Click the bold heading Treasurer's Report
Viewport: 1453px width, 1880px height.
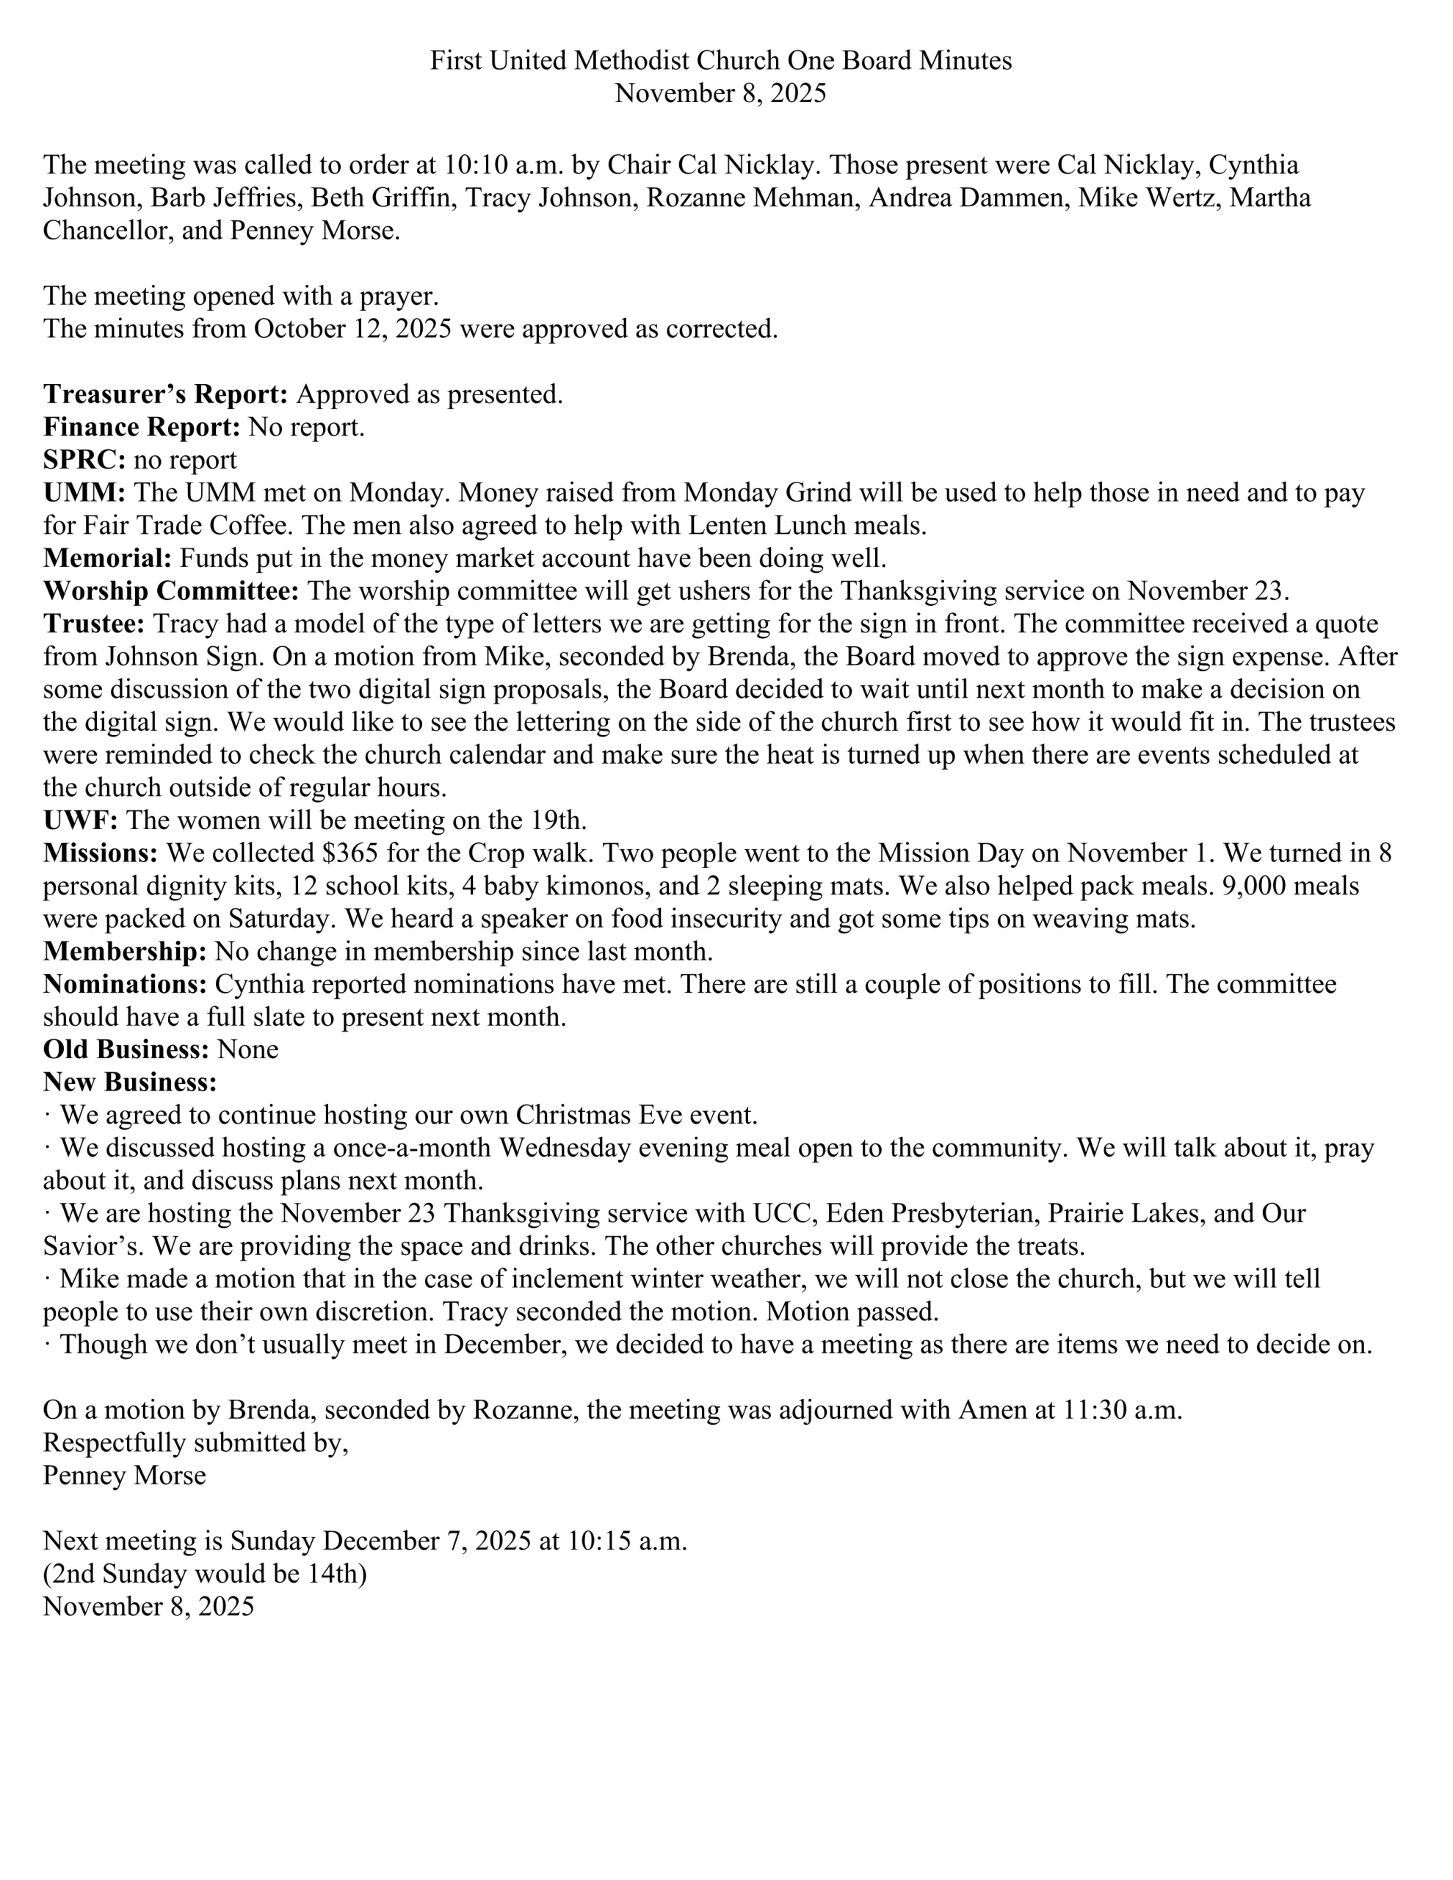pos(165,394)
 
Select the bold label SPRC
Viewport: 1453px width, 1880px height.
pos(84,460)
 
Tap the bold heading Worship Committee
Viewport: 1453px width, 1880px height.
pos(171,591)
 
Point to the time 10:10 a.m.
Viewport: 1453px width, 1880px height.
pos(498,164)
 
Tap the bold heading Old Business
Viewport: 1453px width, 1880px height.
pos(126,1049)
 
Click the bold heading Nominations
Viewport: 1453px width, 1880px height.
pos(126,984)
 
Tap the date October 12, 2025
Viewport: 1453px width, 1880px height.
pos(352,329)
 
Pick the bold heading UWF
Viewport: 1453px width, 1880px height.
pos(80,820)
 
